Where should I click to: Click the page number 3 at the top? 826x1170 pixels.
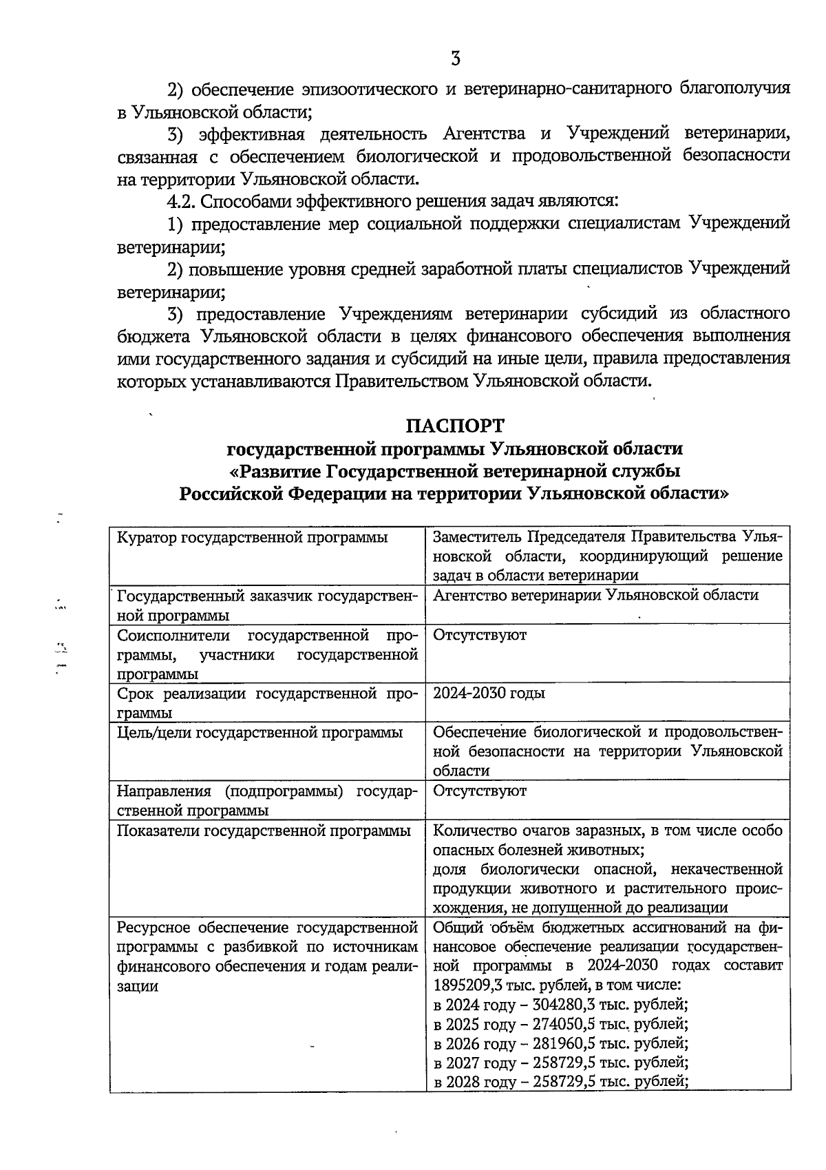455,59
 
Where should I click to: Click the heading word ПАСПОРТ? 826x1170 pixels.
455,425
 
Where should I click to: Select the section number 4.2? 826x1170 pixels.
182,201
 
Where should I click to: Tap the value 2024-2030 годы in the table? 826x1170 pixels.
489,693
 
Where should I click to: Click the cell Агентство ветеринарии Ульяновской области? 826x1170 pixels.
595,594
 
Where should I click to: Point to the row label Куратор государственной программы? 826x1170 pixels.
252,537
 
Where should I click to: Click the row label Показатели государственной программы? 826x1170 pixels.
264,831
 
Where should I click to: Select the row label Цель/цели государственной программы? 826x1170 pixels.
260,732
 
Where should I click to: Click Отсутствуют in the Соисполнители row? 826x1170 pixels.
479,634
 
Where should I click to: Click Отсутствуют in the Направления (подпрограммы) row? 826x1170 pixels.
479,791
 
